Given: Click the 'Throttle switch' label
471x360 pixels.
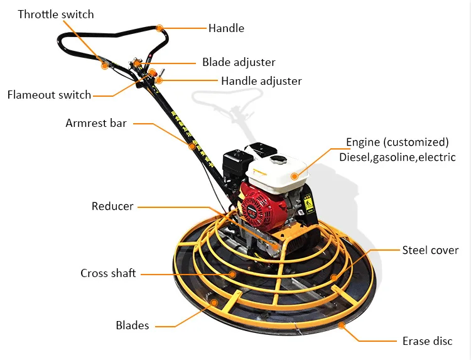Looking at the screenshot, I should coord(56,14).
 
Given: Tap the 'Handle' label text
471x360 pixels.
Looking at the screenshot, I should coord(226,28).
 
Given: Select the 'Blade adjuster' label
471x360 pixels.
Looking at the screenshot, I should coord(239,62).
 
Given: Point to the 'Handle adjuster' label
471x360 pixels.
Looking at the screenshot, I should coord(261,81).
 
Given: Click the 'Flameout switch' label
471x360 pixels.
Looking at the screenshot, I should coord(49,95).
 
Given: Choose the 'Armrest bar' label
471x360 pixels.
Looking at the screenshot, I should coord(96,123).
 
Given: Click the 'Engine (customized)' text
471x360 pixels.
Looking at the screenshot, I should coord(398,142).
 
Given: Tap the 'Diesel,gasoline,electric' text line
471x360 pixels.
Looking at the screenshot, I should coord(398,157).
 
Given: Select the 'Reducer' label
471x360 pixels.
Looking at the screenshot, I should coord(112,206).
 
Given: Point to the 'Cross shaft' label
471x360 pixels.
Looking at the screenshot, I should coord(108,273).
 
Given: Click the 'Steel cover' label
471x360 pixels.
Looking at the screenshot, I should coord(431,250).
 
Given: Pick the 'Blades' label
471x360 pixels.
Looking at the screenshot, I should coord(133,325).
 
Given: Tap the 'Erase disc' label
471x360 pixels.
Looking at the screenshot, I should coord(428,341).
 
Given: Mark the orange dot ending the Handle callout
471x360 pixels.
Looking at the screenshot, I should coord(160,28).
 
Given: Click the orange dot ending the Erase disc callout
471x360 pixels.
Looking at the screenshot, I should coord(342,325).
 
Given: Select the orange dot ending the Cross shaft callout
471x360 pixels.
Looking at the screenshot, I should coord(232,274).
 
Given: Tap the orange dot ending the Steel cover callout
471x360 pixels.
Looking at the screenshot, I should coord(334,277).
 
